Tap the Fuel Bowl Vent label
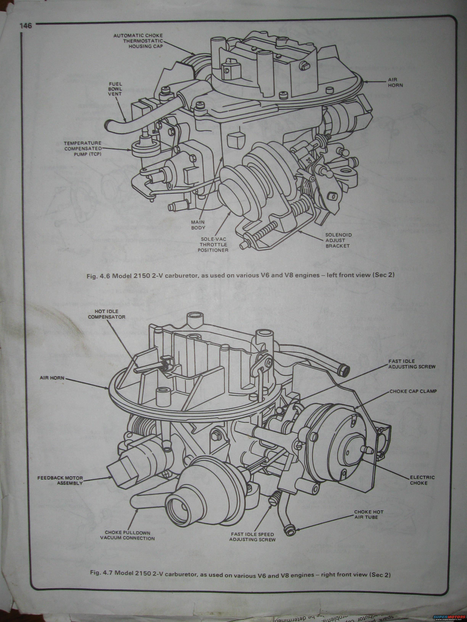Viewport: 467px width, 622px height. [x=115, y=89]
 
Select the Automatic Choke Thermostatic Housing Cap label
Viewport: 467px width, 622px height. [x=138, y=41]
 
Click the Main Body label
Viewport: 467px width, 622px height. [x=198, y=225]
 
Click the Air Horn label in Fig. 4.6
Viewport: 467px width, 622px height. [x=396, y=82]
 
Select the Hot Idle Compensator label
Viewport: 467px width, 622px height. [x=106, y=314]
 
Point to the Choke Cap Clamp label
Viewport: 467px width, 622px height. [x=413, y=391]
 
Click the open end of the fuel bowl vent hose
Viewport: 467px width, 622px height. [x=108, y=125]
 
